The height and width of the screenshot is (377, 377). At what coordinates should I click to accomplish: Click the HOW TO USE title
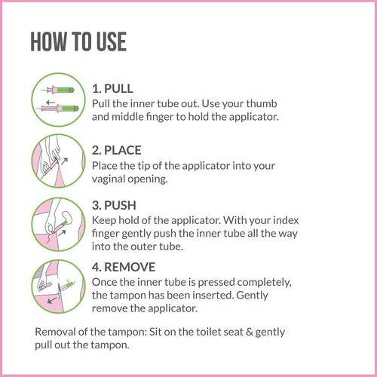[78, 42]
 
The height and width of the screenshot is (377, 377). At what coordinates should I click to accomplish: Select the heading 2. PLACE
[117, 150]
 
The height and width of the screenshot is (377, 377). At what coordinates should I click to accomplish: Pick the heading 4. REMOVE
[124, 267]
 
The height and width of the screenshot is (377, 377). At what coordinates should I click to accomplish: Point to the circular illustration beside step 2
[58, 161]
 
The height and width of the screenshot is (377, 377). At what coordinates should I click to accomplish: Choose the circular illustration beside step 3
[58, 224]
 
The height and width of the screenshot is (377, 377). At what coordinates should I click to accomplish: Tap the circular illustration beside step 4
[58, 286]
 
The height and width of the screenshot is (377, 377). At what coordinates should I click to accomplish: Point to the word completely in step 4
[260, 282]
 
